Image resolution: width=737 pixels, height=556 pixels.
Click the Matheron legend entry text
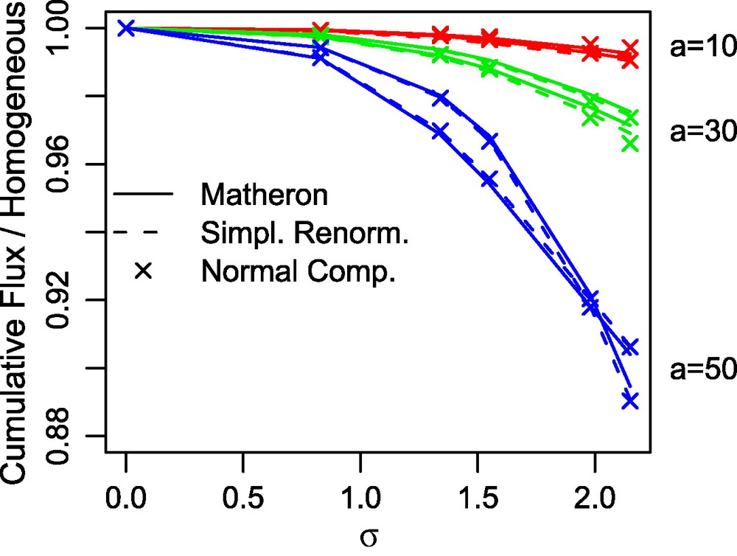(x=263, y=196)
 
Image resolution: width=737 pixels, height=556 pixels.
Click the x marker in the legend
(x=143, y=271)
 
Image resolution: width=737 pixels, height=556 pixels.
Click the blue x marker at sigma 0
(x=126, y=28)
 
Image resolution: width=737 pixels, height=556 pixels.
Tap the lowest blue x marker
(x=629, y=401)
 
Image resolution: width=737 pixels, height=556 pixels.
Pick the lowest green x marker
(x=629, y=144)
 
